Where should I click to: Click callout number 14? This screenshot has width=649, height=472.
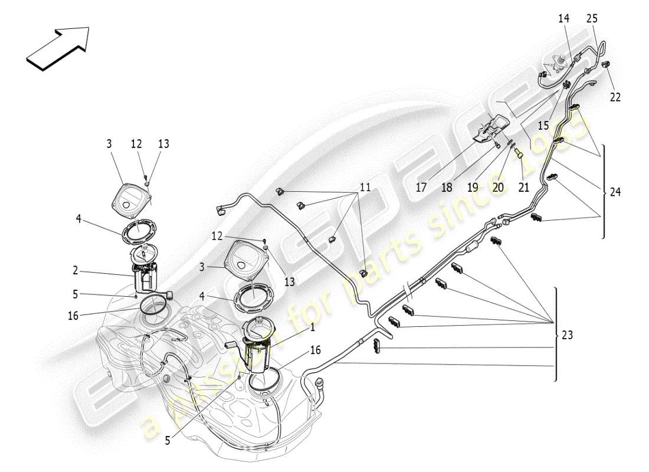(x=563, y=19)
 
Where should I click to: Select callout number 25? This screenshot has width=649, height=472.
(x=592, y=19)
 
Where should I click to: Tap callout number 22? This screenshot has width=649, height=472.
(x=615, y=97)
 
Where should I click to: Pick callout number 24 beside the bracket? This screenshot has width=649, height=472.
(x=615, y=192)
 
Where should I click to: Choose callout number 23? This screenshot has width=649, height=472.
(x=567, y=335)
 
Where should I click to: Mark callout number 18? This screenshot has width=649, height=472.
(x=447, y=188)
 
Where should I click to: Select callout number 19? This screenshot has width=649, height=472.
(x=473, y=188)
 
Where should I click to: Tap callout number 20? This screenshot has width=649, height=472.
(x=498, y=188)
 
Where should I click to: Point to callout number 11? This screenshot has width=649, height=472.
(x=365, y=188)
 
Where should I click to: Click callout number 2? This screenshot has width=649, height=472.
(x=76, y=270)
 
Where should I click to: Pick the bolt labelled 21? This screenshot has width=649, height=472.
(x=519, y=155)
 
